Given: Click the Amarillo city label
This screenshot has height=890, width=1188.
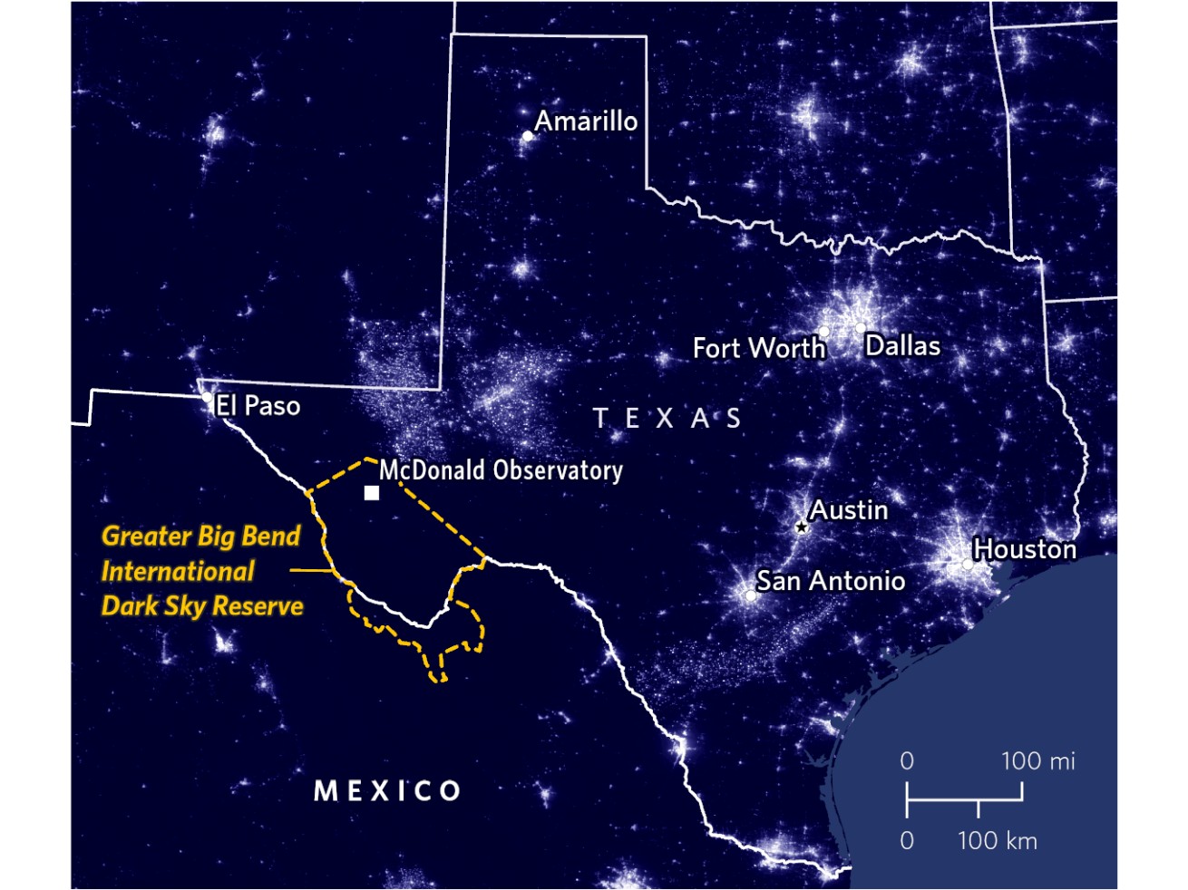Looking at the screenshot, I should click(x=586, y=121).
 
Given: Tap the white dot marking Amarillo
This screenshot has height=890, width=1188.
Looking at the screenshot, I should click(x=528, y=137).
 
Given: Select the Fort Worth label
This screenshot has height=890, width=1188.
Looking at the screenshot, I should click(x=759, y=348).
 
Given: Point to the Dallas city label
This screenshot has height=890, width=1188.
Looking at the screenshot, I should click(x=902, y=345).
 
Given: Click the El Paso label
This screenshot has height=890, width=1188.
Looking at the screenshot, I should click(x=258, y=405).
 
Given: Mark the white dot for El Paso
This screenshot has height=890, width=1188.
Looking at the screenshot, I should click(x=208, y=397).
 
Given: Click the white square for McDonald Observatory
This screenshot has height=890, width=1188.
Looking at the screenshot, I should click(x=372, y=493).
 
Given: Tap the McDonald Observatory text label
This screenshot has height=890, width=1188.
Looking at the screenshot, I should click(x=501, y=469).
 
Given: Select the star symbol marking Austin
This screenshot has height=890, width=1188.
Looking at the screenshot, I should click(x=802, y=527).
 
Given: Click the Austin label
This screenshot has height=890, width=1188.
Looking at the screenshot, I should click(x=849, y=510).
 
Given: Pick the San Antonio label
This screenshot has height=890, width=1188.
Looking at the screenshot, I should click(x=831, y=581).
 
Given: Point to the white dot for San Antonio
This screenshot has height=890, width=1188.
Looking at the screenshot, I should click(x=751, y=595).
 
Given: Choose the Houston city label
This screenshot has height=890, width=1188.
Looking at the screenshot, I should click(x=1025, y=549).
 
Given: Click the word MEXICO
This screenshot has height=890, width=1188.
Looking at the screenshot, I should click(x=387, y=791).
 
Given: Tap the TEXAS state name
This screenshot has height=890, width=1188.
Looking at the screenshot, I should click(x=667, y=418).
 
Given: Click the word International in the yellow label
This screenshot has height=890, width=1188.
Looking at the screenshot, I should click(x=178, y=571).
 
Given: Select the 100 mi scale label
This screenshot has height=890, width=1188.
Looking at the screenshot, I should click(x=1037, y=760).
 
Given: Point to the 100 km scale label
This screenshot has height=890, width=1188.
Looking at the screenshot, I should click(x=997, y=840).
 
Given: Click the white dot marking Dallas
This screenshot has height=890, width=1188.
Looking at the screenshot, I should click(x=860, y=328).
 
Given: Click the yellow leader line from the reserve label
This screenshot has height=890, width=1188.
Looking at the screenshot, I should click(x=310, y=571).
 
